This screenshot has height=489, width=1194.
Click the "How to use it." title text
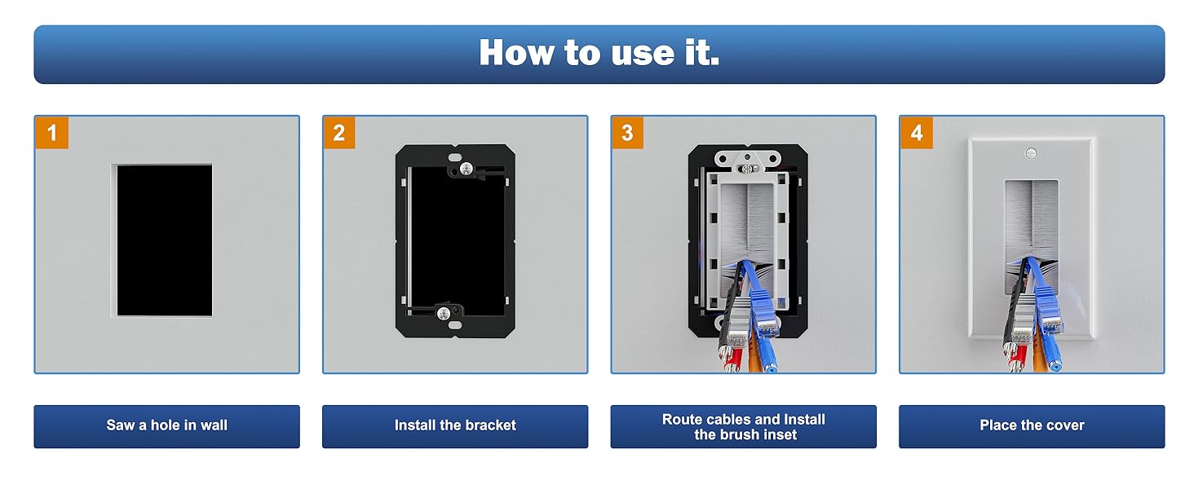(x=599, y=53)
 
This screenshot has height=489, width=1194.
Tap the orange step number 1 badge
(x=51, y=132)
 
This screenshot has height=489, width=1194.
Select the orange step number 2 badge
(x=339, y=132)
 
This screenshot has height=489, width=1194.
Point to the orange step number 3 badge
(x=627, y=132)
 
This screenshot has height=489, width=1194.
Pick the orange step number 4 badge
(x=916, y=132)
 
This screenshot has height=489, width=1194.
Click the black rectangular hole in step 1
(x=165, y=240)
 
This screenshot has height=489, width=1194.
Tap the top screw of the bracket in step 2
(x=467, y=169)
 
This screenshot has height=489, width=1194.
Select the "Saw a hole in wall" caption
(x=167, y=425)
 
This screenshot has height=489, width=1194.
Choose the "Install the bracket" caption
(x=455, y=425)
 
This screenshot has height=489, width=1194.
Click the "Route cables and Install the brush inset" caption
(x=744, y=427)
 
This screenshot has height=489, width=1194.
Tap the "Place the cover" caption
(x=1032, y=425)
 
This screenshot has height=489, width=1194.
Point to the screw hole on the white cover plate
(x=1032, y=153)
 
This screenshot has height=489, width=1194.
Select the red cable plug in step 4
(x=1016, y=357)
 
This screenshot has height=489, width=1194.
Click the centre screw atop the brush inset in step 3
(x=747, y=169)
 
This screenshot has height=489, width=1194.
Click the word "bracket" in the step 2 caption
(x=489, y=425)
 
